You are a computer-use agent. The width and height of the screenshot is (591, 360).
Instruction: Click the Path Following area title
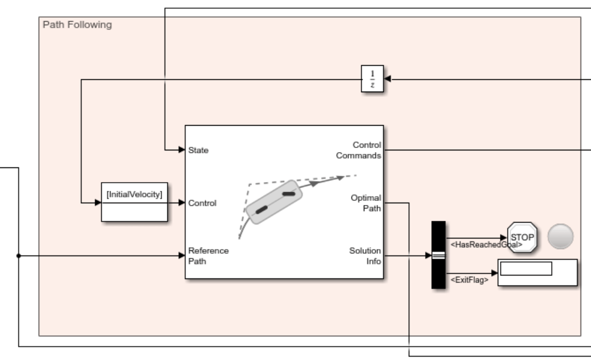point(78,25)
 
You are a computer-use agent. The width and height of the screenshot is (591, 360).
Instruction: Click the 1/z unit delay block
point(372,79)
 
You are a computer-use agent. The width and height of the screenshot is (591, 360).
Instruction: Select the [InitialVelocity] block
point(134,201)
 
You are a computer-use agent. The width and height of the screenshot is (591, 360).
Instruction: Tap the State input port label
point(198,150)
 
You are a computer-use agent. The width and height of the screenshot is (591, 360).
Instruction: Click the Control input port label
point(202,203)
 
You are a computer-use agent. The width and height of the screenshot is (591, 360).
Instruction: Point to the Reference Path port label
point(208,256)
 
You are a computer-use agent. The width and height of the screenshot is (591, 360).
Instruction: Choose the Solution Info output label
point(365,256)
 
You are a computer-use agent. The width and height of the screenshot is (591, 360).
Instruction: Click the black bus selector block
point(438,255)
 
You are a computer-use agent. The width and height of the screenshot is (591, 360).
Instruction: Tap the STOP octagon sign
point(522,237)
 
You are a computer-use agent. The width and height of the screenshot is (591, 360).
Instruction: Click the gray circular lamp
point(560,237)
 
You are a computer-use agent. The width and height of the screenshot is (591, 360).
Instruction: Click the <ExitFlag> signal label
point(469,280)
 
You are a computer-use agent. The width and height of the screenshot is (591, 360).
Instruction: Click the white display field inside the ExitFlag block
point(526,269)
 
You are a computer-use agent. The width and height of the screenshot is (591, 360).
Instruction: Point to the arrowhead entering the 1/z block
point(388,79)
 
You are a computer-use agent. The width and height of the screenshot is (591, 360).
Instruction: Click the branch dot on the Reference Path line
point(19,256)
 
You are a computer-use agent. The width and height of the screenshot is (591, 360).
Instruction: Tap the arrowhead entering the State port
point(182,150)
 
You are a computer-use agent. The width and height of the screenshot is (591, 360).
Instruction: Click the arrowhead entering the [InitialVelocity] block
point(98,203)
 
